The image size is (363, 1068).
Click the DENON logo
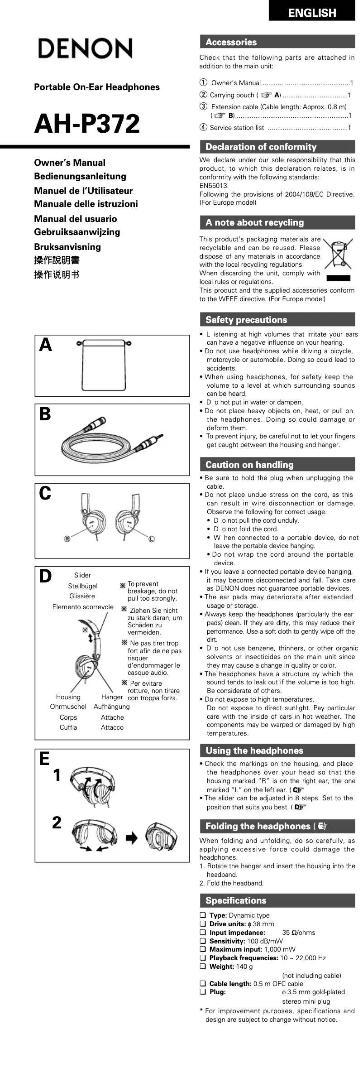click(85, 48)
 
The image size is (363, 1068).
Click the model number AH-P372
click(87, 124)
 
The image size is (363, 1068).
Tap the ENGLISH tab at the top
click(312, 13)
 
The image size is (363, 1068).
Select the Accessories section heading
click(231, 42)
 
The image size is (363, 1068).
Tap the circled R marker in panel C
click(67, 539)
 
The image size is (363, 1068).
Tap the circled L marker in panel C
click(151, 539)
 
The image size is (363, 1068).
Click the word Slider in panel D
click(82, 575)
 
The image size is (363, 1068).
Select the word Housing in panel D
click(68, 697)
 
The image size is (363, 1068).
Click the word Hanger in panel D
click(112, 697)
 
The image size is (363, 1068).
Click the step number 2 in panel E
click(57, 823)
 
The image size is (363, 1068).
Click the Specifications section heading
click(236, 900)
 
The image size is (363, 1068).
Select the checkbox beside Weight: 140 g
click(203, 967)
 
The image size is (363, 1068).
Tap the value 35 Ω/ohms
click(298, 933)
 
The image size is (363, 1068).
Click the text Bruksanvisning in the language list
click(67, 247)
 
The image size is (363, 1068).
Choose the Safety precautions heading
click(246, 320)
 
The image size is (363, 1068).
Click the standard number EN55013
click(214, 186)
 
